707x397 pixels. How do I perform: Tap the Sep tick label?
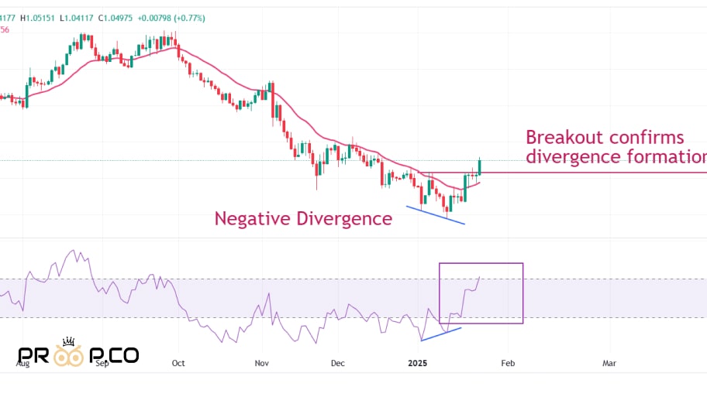102,362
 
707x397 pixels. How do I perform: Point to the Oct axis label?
178,362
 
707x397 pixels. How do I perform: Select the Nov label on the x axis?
261,362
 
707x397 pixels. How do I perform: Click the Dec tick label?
337,362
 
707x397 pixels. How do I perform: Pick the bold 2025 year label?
417,362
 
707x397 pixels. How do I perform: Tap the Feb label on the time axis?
508,362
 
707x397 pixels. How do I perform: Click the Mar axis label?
609,362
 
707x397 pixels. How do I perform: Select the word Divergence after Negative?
344,219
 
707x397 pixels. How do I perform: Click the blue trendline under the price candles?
436,216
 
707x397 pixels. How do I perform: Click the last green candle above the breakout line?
481,166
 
